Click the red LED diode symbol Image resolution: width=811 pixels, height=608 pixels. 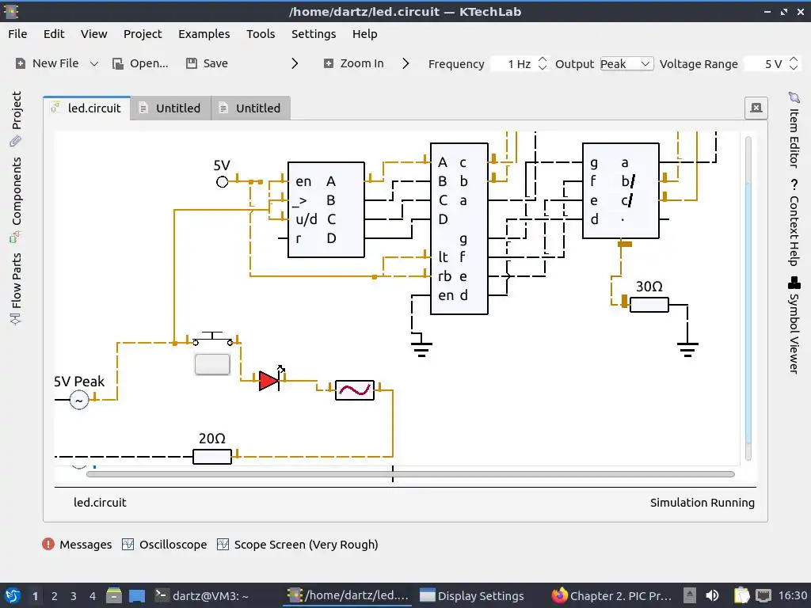click(269, 381)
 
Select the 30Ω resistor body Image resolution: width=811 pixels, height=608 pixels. click(649, 304)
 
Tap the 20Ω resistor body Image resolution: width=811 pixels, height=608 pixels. click(212, 456)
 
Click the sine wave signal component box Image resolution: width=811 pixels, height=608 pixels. click(354, 389)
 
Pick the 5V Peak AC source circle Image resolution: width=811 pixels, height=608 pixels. click(78, 401)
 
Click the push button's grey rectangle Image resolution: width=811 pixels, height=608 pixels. click(212, 364)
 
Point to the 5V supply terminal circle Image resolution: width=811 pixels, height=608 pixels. click(223, 182)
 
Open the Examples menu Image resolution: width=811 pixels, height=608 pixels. click(204, 34)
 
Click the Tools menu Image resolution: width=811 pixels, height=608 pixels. click(261, 34)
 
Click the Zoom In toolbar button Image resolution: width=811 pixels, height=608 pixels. click(353, 63)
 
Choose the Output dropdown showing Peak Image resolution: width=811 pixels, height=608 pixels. click(626, 64)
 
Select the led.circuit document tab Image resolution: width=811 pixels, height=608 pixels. click(86, 108)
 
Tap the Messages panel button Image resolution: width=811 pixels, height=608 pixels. click(78, 545)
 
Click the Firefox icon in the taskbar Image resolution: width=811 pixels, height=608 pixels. click(560, 595)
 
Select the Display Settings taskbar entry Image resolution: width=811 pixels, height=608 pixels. click(473, 596)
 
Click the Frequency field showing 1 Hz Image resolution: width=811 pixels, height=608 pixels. click(513, 64)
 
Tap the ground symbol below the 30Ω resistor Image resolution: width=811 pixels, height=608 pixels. click(687, 348)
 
